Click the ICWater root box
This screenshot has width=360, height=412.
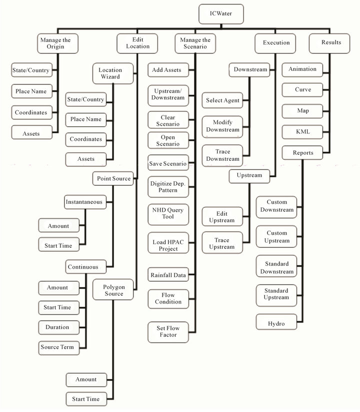pyautogui.click(x=221, y=14)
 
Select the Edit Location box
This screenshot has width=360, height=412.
pyautogui.click(x=137, y=43)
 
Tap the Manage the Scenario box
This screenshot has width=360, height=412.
pyautogui.click(x=195, y=43)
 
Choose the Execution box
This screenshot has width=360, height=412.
pyautogui.click(x=275, y=43)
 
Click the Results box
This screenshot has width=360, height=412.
pyautogui.click(x=329, y=43)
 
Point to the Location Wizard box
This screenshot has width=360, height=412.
pyautogui.click(x=113, y=73)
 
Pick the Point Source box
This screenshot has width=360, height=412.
pyautogui.click(x=113, y=179)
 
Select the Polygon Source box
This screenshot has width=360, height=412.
pyautogui.click(x=113, y=290)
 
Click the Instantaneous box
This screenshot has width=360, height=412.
pyautogui.click(x=85, y=202)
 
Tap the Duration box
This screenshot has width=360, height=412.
pyautogui.click(x=59, y=328)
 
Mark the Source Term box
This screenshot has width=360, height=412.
pyautogui.click(x=59, y=348)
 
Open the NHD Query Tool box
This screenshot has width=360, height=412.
pyautogui.click(x=168, y=214)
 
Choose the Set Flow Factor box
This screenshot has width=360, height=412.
pyautogui.click(x=168, y=332)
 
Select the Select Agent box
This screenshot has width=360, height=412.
pyautogui.click(x=222, y=100)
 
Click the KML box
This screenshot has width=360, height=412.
pyautogui.click(x=302, y=132)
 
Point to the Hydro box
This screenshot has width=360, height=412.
pyautogui.click(x=276, y=322)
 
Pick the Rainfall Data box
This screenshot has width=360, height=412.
pyautogui.click(x=168, y=275)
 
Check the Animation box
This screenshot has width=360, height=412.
pyautogui.click(x=302, y=70)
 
